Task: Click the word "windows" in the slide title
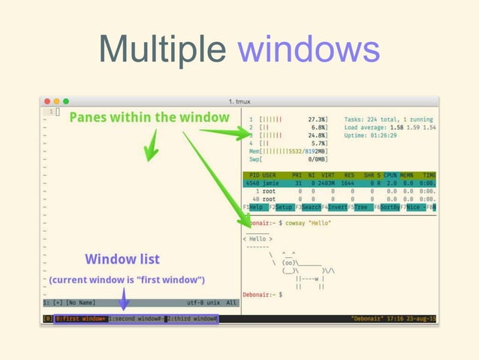click(x=309, y=51)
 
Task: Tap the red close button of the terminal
click(x=47, y=101)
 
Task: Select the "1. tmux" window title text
click(x=240, y=101)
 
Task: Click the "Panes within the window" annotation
click(x=149, y=117)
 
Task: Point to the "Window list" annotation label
click(x=122, y=259)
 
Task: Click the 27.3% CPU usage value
click(x=317, y=119)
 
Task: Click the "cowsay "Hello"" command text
click(x=309, y=223)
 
